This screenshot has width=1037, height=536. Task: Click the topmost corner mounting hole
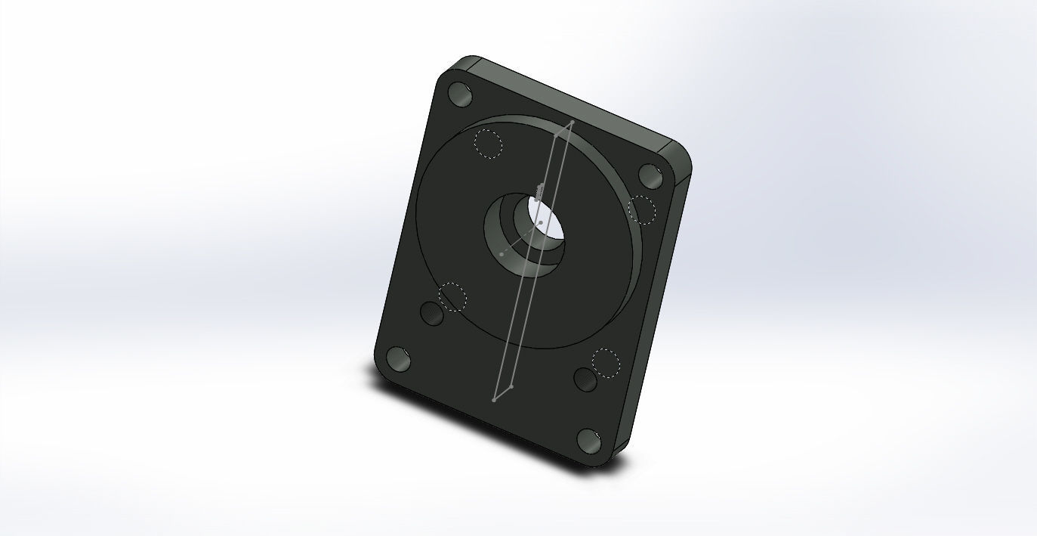coord(460,94)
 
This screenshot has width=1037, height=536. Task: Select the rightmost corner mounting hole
coord(650,175)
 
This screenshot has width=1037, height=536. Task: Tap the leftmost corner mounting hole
coord(399,359)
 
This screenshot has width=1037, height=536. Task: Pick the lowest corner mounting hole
coord(589,440)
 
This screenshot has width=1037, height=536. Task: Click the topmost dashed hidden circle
coord(488,143)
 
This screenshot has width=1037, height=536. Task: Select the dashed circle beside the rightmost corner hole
coord(642,209)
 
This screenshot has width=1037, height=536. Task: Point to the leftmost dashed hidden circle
coord(452,296)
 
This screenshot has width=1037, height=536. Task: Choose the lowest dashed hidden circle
coord(606,363)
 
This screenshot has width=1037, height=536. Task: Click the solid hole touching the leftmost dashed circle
coord(432,313)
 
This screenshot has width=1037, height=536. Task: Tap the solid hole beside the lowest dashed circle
coord(586,378)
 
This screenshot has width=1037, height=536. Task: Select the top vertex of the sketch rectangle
coord(573,121)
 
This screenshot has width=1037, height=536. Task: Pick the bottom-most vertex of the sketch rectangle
coord(494,400)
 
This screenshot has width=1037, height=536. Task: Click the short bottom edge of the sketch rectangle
coord(503,393)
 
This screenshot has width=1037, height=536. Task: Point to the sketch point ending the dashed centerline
coord(502,254)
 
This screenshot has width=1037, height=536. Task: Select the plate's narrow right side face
coord(657,318)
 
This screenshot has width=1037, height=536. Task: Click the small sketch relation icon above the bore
coord(539,189)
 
